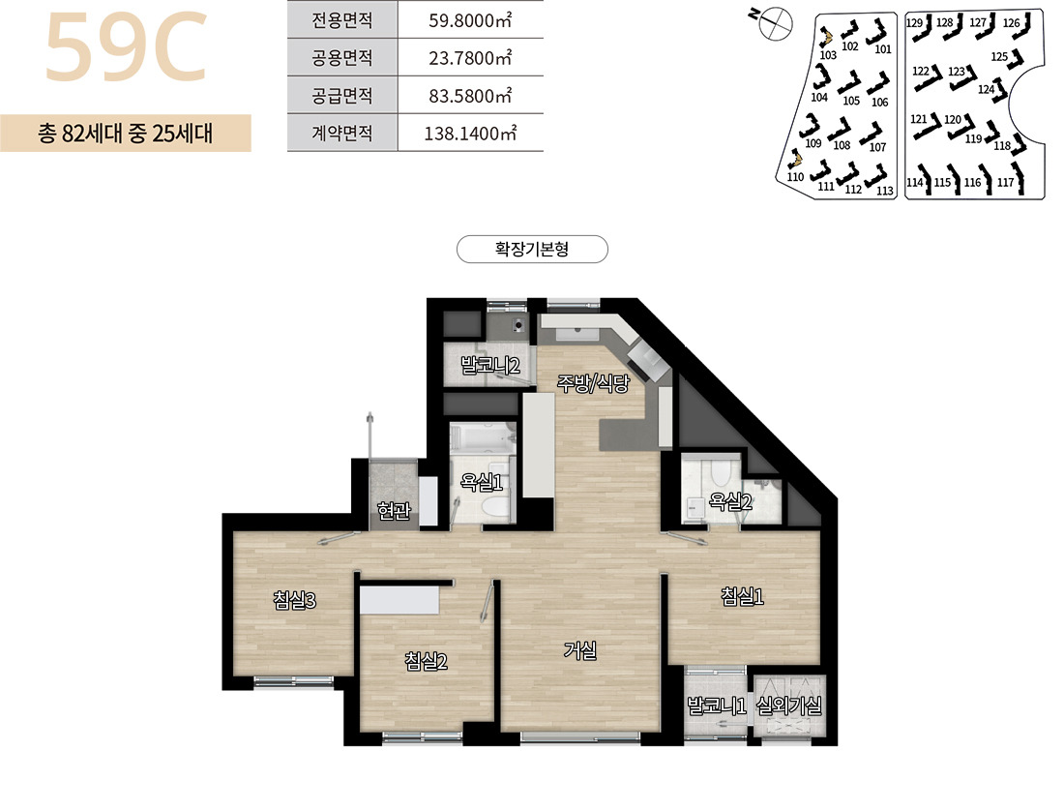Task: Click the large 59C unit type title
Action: coord(126,46)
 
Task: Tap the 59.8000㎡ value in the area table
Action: coord(469,20)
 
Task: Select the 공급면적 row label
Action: coord(342,95)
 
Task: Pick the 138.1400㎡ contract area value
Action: coord(469,133)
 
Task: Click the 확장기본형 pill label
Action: coord(532,249)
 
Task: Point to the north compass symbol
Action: coord(774,23)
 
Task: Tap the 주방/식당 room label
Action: coord(593,383)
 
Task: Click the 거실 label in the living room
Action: coord(580,651)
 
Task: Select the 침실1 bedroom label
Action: coord(742,596)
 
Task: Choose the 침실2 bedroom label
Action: coord(426,661)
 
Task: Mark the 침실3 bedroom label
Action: coord(294,601)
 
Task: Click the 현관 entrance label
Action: coord(395,510)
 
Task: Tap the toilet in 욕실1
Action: coord(494,506)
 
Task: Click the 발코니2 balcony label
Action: coord(490,366)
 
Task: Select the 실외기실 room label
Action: coord(788,706)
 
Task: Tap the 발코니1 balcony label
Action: coord(717,706)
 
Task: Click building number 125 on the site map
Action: coord(999,57)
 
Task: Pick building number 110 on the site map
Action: coord(795,177)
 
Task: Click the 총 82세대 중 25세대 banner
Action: coord(126,133)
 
